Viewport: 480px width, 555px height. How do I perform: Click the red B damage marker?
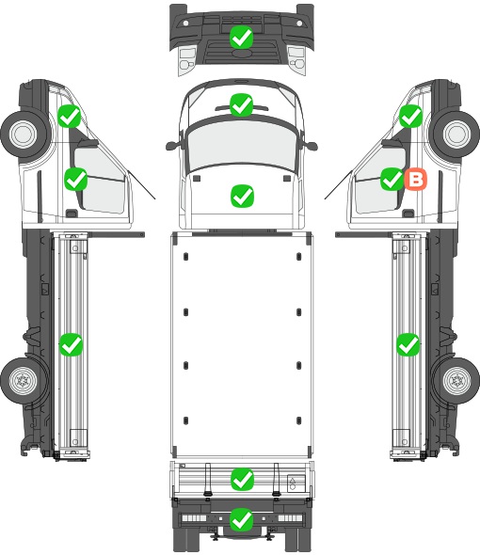(415, 179)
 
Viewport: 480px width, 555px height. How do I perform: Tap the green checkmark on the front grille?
(241, 38)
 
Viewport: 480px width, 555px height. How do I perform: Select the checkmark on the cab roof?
(241, 104)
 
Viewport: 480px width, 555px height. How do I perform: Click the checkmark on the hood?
(242, 196)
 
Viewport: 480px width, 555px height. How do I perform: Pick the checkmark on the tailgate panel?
(242, 479)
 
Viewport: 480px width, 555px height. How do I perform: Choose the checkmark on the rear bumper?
(242, 519)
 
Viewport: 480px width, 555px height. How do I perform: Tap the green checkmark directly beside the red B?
(392, 179)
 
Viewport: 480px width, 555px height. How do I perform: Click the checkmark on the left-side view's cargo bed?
(71, 344)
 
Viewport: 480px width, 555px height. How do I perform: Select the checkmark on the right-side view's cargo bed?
(408, 344)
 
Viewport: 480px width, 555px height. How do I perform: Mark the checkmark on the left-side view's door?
(75, 179)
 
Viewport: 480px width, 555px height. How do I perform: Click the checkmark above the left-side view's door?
(70, 116)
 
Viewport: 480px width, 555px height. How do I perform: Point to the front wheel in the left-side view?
(24, 135)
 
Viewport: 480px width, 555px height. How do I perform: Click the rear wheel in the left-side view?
(24, 381)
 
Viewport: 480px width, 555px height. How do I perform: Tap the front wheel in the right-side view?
(456, 135)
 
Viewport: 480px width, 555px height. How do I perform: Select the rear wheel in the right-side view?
(456, 381)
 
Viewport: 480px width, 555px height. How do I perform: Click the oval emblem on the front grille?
(241, 53)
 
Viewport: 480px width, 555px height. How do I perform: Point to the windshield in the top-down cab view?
(241, 143)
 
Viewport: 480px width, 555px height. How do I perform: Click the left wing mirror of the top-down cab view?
(171, 145)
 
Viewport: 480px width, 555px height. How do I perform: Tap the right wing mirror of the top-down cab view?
(312, 145)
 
